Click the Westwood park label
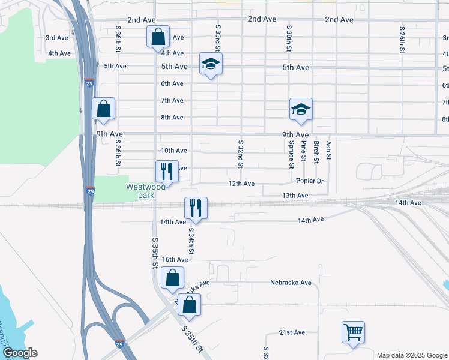145,191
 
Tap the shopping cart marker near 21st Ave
353,331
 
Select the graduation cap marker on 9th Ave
301,109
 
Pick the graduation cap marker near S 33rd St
211,64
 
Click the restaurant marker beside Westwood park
167,171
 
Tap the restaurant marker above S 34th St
196,208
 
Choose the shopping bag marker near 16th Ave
172,278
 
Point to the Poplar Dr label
310,181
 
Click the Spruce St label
291,154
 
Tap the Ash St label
328,151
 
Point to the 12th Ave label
241,184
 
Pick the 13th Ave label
295,196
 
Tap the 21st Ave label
292,332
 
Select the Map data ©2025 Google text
411,355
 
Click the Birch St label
316,151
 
